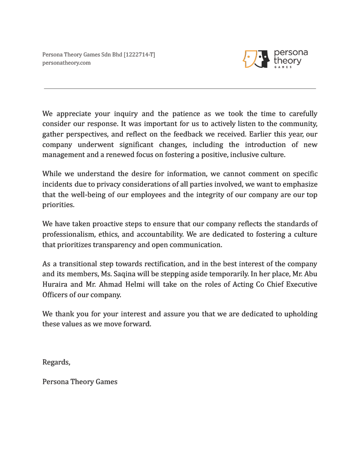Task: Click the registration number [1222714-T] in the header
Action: [139, 55]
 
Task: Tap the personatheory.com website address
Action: [66, 63]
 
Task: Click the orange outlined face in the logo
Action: [250, 59]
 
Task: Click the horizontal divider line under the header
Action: [180, 88]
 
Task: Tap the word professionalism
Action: [69, 234]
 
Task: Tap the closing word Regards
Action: [56, 362]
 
